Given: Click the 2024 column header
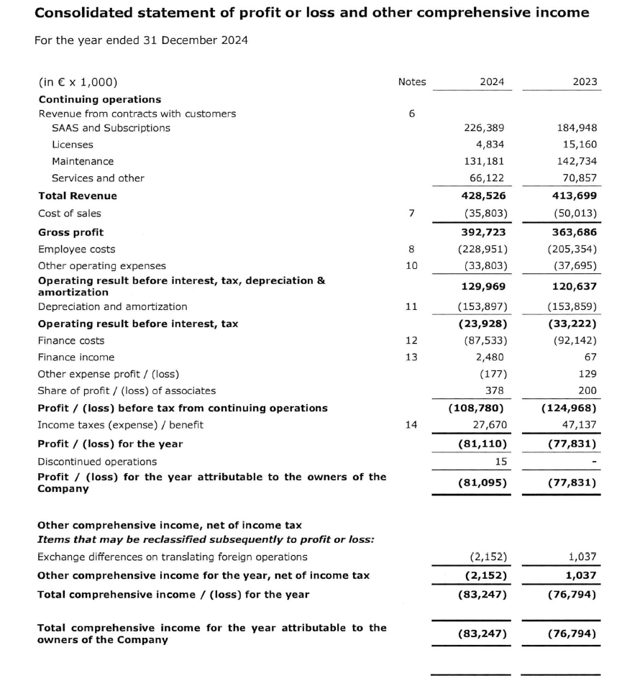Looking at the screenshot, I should (492, 82).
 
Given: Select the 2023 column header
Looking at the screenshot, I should (585, 82).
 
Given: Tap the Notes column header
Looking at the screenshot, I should (411, 82).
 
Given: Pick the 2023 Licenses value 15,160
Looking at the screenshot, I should (579, 145).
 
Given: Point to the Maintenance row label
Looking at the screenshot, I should (83, 161).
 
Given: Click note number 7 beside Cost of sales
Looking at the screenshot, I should (411, 214).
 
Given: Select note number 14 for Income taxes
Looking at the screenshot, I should (411, 425).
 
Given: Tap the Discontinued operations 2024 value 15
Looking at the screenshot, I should (501, 461).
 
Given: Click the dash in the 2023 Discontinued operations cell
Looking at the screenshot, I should (594, 461).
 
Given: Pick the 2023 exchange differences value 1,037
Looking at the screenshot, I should (582, 557).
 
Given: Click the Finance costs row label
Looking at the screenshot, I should (71, 341).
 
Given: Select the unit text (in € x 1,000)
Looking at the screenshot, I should (78, 82).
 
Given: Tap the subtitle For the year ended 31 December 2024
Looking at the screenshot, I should (141, 40).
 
